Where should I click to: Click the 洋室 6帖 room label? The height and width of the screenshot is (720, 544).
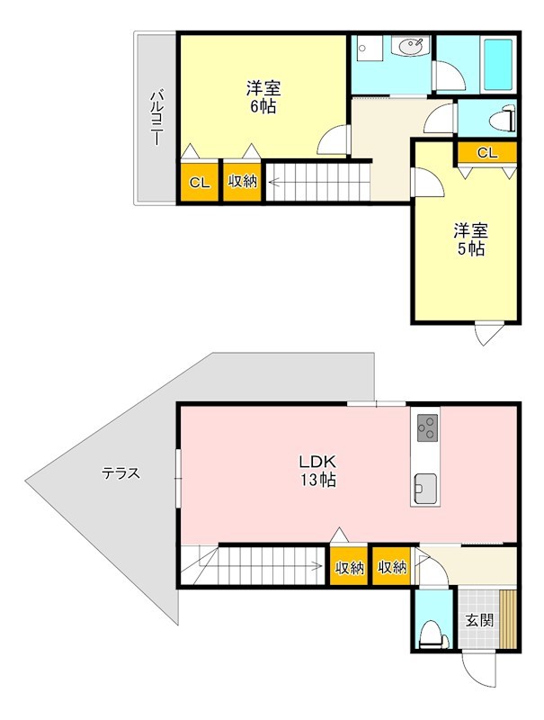tap(263, 97)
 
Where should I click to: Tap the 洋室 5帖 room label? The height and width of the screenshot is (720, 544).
tap(470, 239)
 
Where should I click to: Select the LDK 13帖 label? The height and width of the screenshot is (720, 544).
tap(318, 470)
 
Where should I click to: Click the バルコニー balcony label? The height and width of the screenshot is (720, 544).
tap(157, 119)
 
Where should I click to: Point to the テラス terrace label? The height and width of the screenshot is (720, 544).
tap(120, 473)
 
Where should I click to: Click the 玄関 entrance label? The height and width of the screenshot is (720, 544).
tap(480, 621)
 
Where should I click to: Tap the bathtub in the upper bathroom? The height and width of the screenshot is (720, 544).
tap(498, 65)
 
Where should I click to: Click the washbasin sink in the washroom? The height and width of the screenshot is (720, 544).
tap(411, 47)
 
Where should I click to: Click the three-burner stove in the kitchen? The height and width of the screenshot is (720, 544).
tap(427, 428)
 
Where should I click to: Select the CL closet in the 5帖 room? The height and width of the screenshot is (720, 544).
tap(487, 153)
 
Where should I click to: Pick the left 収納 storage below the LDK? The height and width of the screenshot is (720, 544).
tap(349, 566)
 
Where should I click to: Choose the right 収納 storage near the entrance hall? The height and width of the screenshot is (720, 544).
tap(392, 566)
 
